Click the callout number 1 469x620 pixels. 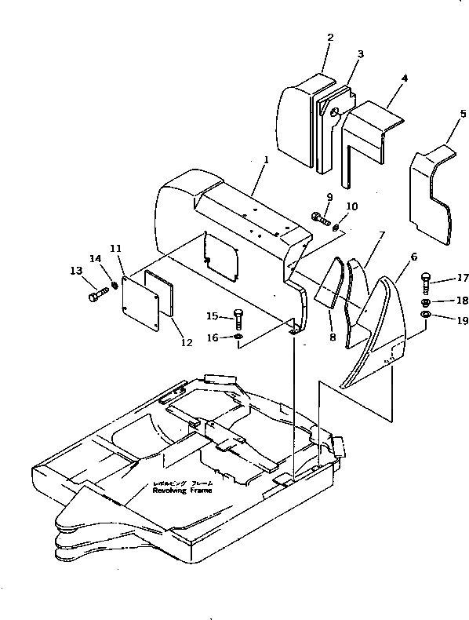coord(266,160)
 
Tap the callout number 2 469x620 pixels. coord(330,37)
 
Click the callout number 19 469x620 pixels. coord(464,320)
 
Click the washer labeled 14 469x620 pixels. coord(115,284)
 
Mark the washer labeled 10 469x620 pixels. coord(336,228)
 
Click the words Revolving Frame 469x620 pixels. coord(182,490)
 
